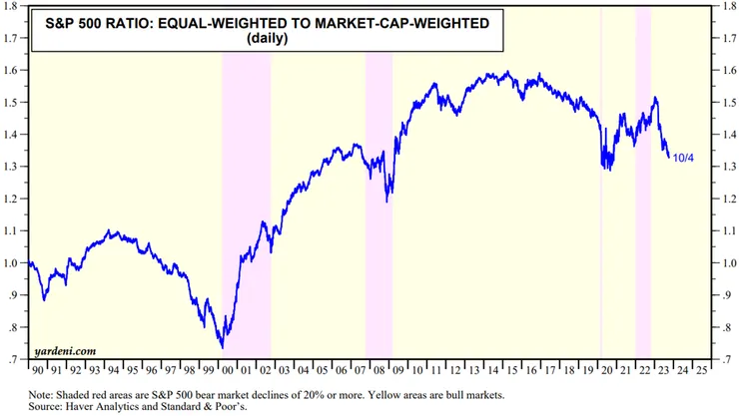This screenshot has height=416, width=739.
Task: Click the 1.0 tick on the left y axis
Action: pos(13,263)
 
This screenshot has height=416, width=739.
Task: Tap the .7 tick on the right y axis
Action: pos(725,359)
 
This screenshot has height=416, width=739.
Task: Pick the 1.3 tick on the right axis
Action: pos(725,167)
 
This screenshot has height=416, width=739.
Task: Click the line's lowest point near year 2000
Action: pos(222,346)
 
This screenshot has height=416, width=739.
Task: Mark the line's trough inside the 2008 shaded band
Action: pos(387,201)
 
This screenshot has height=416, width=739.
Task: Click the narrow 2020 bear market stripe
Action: pos(600,200)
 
